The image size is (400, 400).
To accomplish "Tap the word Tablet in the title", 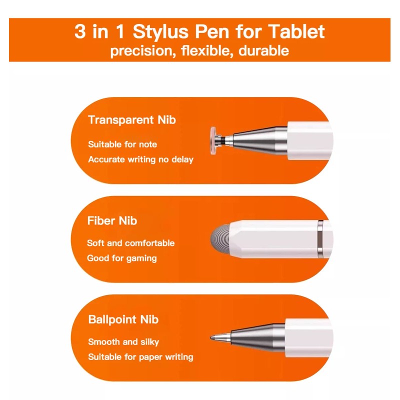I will pyautogui.click(x=295, y=31).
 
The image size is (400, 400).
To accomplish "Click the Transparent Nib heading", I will pyautogui.click(x=131, y=120).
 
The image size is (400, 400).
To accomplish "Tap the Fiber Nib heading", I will pyautogui.click(x=112, y=220).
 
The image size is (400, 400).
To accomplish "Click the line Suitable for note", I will pyautogui.click(x=122, y=144).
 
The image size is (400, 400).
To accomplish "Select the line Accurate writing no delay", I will pyautogui.click(x=140, y=159).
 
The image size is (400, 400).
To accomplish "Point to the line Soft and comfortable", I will pyautogui.click(x=131, y=243).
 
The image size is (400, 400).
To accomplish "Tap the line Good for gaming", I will pyautogui.click(x=122, y=258).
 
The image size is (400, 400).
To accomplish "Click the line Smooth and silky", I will pyautogui.click(x=123, y=342).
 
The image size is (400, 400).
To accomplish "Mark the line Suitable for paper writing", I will pyautogui.click(x=140, y=357).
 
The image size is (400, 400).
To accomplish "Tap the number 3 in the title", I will pyautogui.click(x=80, y=31).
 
